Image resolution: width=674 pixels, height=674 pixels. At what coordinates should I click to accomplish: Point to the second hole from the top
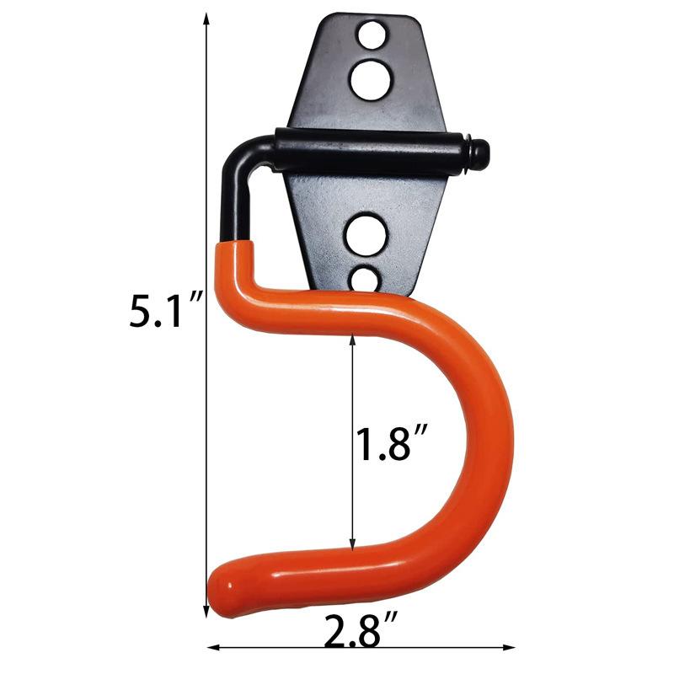coord(371,80)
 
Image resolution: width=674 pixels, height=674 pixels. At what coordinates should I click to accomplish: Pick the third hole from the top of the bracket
coord(366,235)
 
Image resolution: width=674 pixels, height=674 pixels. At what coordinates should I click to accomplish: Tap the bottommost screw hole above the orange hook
coord(365,281)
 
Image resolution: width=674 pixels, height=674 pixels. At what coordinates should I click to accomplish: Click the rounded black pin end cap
coord(478,150)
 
